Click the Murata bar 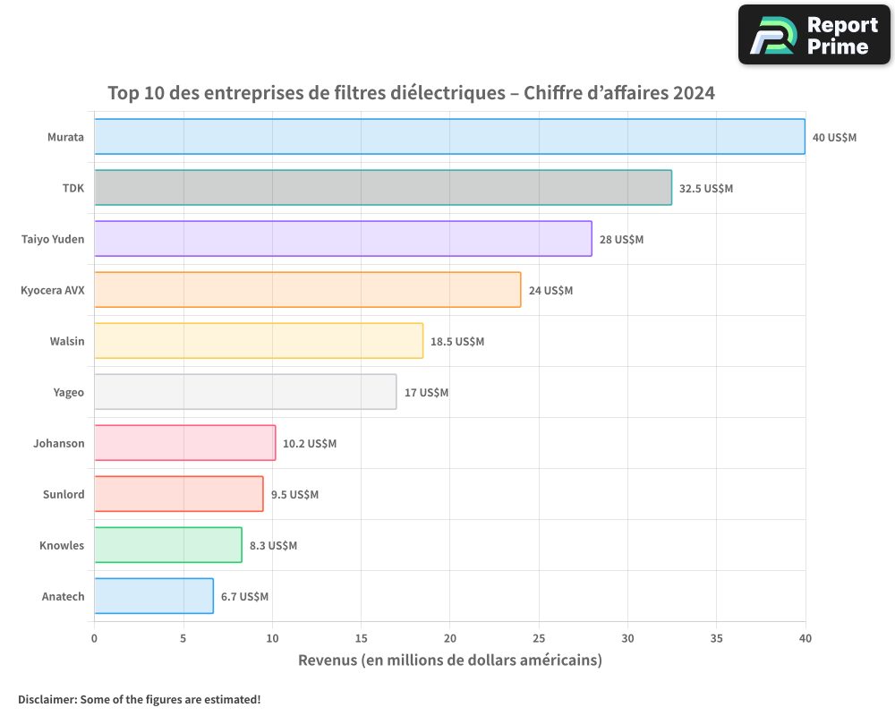(449, 137)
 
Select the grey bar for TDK (383, 188)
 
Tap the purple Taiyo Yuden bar (343, 239)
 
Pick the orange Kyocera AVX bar (307, 290)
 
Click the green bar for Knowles (168, 545)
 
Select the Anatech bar (154, 596)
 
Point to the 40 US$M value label (834, 138)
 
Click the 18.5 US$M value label (457, 342)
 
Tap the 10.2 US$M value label (310, 444)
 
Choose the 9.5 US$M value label (294, 495)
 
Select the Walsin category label (67, 341)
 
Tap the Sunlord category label (64, 494)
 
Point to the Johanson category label (59, 443)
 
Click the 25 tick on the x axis (539, 639)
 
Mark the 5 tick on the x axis (183, 639)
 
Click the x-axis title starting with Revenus (449, 661)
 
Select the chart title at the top (411, 93)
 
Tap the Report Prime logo (814, 35)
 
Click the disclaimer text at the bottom (140, 699)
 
